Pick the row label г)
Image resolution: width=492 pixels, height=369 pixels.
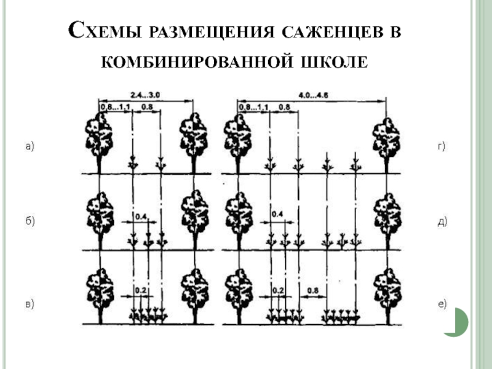(441, 146)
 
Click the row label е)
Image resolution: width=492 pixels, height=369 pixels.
(441, 303)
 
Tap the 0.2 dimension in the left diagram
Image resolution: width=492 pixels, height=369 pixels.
(141, 289)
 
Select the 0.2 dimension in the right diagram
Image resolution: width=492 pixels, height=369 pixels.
(277, 289)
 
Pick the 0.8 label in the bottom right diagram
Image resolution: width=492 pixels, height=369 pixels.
(312, 289)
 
